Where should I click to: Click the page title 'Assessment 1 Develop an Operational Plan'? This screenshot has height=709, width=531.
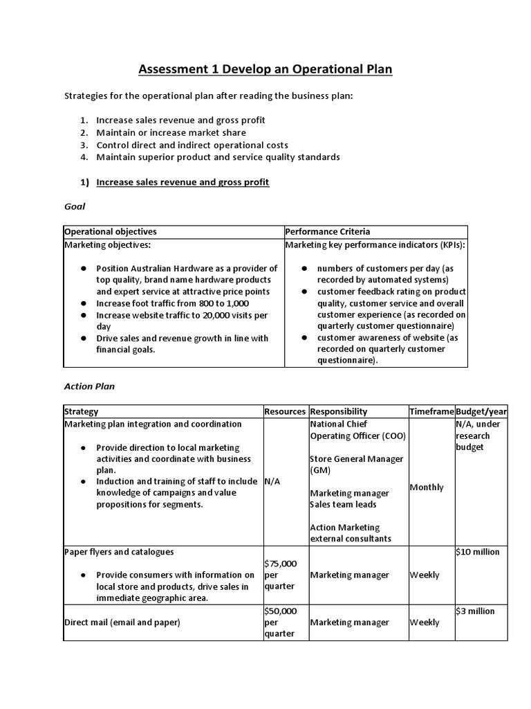[x=265, y=69]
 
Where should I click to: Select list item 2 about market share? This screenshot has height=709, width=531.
[x=171, y=132]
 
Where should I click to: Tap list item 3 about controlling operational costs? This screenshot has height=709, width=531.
[x=192, y=145]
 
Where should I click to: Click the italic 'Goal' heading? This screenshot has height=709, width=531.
[x=74, y=206]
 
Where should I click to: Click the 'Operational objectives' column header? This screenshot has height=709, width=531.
[x=111, y=232]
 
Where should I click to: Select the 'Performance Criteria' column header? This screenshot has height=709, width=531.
[x=328, y=232]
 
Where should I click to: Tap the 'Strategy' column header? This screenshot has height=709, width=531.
[x=81, y=411]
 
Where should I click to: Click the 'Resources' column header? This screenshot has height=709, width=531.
[x=285, y=411]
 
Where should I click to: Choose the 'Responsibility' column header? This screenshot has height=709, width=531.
[x=339, y=411]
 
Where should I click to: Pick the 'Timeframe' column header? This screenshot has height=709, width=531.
[x=431, y=411]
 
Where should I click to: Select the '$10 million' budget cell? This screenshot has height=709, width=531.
[x=477, y=552]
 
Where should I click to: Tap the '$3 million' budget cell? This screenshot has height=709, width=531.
[x=474, y=611]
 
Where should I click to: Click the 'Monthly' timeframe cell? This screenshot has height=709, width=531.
[x=427, y=487]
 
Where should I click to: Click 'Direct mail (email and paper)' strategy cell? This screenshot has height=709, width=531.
[x=122, y=622]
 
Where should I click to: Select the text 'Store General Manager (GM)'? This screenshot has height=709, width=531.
[x=357, y=465]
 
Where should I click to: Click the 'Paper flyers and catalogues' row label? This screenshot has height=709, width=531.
[x=119, y=552]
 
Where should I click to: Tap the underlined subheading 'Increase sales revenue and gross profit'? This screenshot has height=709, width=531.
[x=183, y=182]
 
